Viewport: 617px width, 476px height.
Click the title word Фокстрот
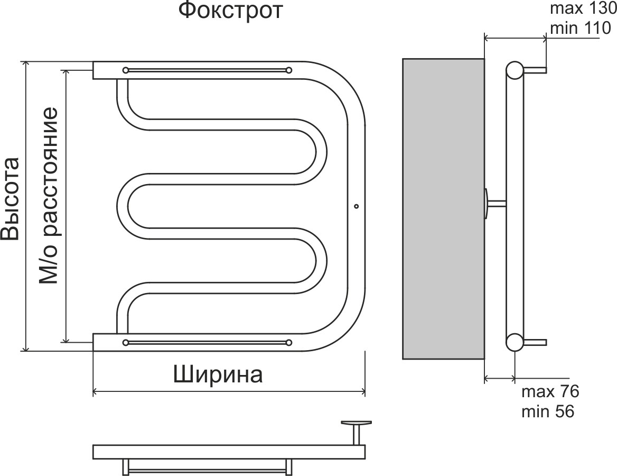pos(230,11)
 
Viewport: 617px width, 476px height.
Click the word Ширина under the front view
pos(218,375)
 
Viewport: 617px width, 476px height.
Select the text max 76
pos(550,392)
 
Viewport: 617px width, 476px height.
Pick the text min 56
pos(547,411)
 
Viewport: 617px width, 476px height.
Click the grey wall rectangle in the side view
pos(443,208)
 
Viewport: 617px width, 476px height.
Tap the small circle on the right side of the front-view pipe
pos(356,206)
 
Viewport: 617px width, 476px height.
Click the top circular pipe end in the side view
pos(515,70)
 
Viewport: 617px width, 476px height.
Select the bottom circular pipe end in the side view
pos(515,342)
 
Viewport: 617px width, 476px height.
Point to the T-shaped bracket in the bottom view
pos(357,429)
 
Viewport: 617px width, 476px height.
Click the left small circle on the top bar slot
pos(126,70)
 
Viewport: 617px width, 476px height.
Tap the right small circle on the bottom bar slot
pos(288,342)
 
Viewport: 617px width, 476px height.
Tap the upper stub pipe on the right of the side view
pos(535,70)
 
